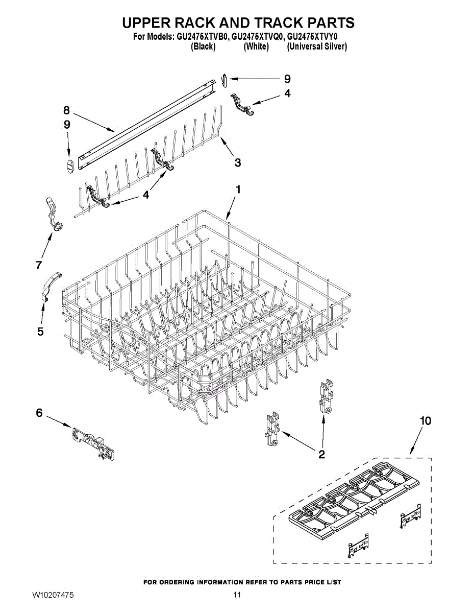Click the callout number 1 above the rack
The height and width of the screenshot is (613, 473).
(238, 189)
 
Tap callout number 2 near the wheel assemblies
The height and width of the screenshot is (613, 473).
(321, 454)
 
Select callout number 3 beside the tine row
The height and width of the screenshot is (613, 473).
(238, 162)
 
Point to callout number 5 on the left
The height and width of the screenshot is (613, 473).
(40, 332)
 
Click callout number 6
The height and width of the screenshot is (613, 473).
(39, 413)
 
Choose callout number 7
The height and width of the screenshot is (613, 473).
(38, 265)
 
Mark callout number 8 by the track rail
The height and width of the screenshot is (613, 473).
(66, 109)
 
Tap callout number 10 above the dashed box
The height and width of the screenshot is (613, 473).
(425, 420)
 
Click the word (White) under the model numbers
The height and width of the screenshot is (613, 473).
(256, 46)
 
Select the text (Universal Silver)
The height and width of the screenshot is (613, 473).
(317, 46)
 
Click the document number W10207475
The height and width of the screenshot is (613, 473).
(53, 595)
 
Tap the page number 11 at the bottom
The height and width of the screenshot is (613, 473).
(236, 595)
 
